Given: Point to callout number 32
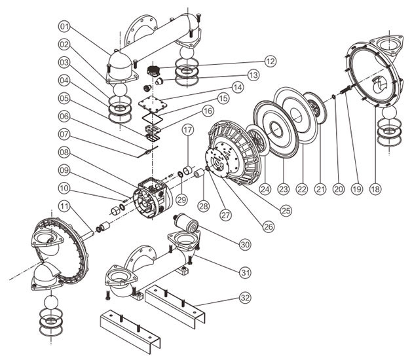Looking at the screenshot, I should point(244,298).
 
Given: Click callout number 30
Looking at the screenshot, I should point(244,243).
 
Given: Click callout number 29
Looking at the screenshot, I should point(181,198).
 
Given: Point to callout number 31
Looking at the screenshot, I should point(244,272).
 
